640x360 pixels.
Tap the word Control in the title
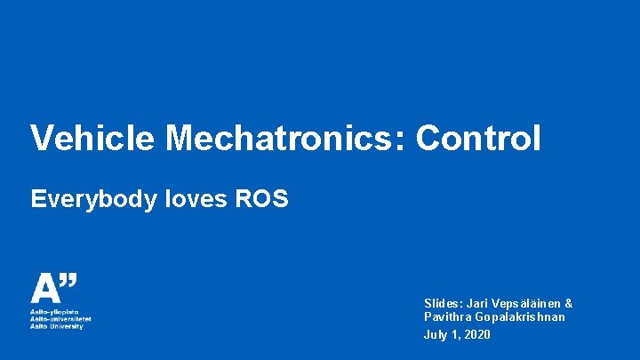(x=478, y=139)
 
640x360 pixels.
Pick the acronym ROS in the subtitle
(x=262, y=198)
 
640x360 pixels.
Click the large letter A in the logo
(x=44, y=290)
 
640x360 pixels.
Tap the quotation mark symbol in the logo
(x=68, y=282)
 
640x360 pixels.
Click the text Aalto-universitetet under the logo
(x=60, y=319)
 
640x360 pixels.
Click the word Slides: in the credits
(x=443, y=304)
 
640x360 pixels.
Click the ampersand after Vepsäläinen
(x=569, y=304)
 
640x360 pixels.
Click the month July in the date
(x=436, y=335)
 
